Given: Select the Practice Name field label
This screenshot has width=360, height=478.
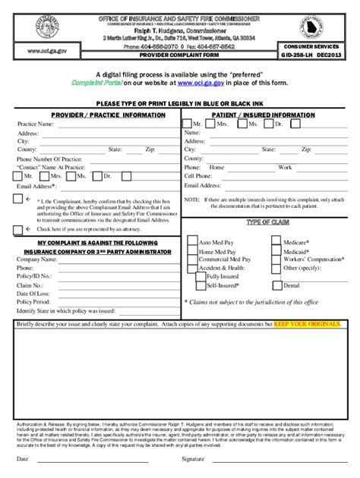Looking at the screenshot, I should [x=35, y=124].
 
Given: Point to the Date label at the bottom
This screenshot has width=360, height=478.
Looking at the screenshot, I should [x=23, y=460].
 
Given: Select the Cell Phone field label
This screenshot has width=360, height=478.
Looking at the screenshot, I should [x=199, y=175].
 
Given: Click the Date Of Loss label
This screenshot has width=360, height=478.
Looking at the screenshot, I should [x=34, y=293].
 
